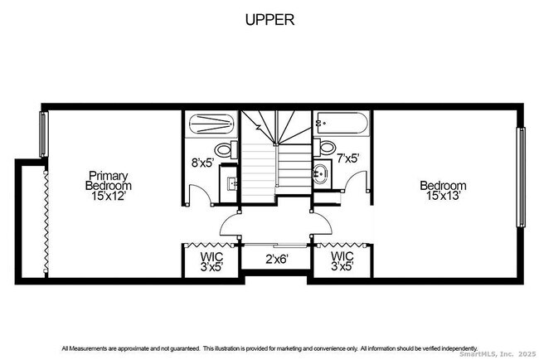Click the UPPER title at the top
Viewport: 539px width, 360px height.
click(x=269, y=20)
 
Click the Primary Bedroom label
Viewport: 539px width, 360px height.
click(x=109, y=181)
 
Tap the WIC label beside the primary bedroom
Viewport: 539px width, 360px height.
click(x=211, y=262)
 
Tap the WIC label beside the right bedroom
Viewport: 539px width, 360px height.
click(x=342, y=262)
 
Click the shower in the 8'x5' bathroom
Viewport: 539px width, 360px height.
click(x=211, y=125)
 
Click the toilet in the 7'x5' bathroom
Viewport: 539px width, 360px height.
click(x=326, y=148)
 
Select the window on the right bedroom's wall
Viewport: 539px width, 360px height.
click(x=521, y=177)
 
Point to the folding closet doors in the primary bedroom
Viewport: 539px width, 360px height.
click(x=43, y=220)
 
